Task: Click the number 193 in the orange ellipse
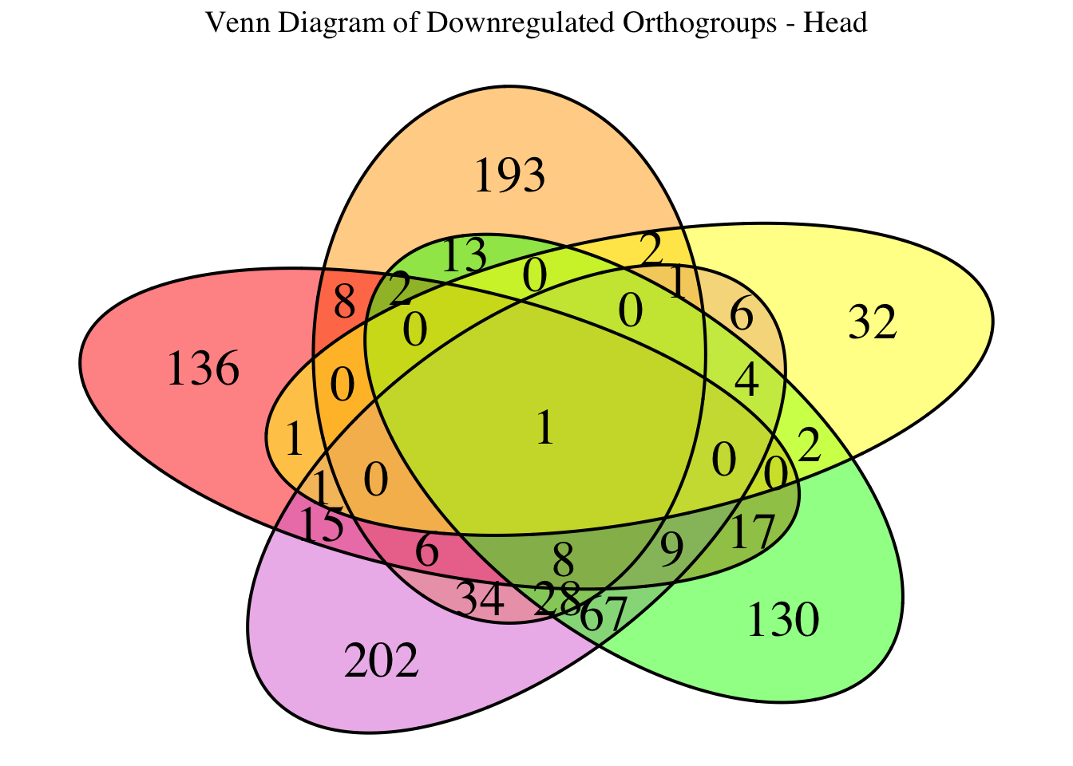(509, 176)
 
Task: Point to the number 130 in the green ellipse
(782, 621)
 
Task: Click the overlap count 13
(463, 256)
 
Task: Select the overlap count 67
(604, 616)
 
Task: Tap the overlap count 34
(481, 600)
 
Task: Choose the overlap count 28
(557, 598)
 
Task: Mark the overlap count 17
(752, 531)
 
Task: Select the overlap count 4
(746, 381)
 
